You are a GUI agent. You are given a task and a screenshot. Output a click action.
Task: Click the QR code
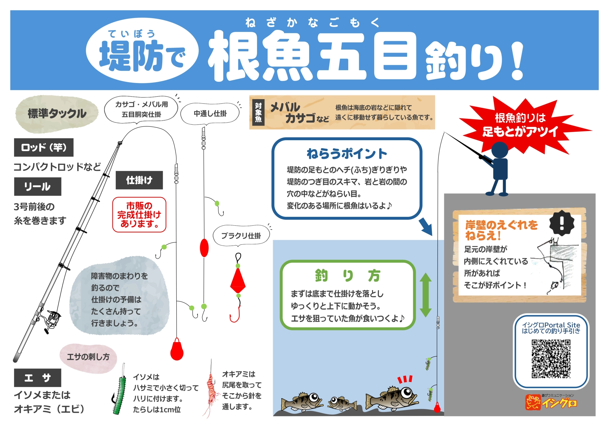(x=551, y=359)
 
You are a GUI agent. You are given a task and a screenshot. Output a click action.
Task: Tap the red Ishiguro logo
(x=551, y=402)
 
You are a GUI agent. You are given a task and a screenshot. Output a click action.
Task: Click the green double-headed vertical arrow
(x=426, y=295)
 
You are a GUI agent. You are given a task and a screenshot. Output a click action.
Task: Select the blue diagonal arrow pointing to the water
(x=426, y=227)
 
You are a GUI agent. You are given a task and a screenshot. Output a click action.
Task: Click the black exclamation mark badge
(x=562, y=223)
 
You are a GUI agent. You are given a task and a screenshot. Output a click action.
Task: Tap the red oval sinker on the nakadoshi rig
(x=204, y=248)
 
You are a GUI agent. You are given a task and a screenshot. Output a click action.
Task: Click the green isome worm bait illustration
(x=120, y=395)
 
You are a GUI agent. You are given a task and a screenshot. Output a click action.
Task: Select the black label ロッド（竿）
(x=44, y=147)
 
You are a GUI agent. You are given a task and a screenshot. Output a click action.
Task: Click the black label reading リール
(x=37, y=186)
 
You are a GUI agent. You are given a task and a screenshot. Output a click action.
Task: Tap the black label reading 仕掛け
(x=139, y=180)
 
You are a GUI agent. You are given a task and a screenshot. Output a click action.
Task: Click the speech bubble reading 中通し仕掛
(x=210, y=114)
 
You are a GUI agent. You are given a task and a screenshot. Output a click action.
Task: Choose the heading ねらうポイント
(x=347, y=154)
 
